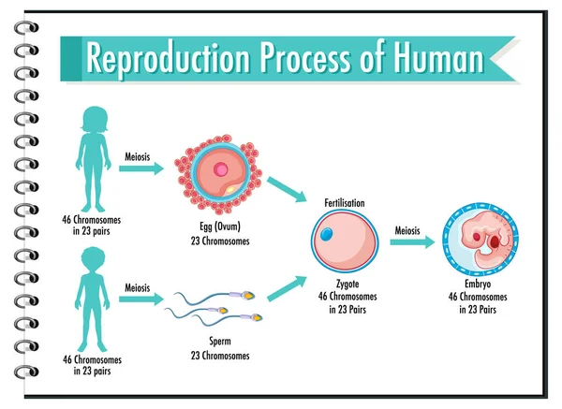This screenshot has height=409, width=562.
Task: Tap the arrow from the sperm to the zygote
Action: tap(287, 287)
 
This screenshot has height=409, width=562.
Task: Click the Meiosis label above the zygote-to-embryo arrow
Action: tap(407, 227)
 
